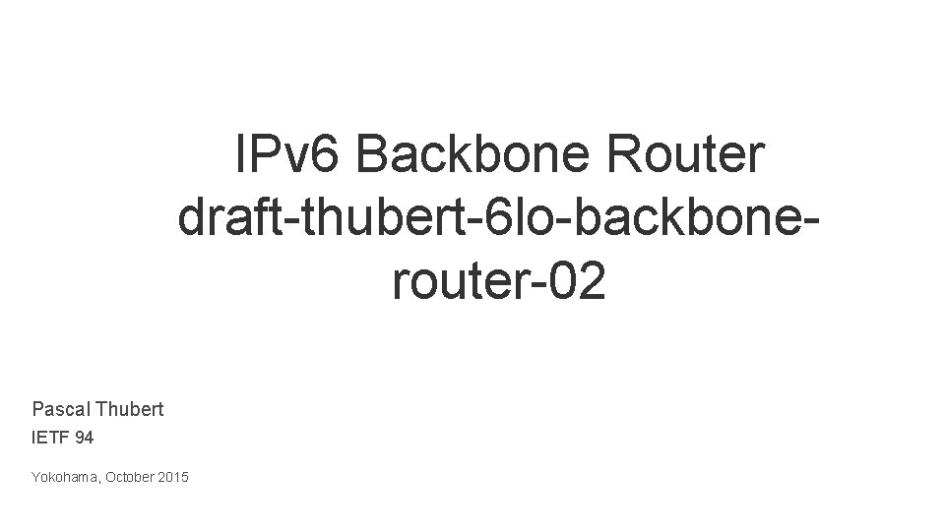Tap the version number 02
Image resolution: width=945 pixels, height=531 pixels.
pyautogui.click(x=577, y=283)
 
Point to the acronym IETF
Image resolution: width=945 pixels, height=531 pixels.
pyautogui.click(x=50, y=438)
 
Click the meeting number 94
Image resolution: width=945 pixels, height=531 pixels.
pyautogui.click(x=85, y=438)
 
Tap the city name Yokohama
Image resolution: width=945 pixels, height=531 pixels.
pyautogui.click(x=62, y=478)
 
